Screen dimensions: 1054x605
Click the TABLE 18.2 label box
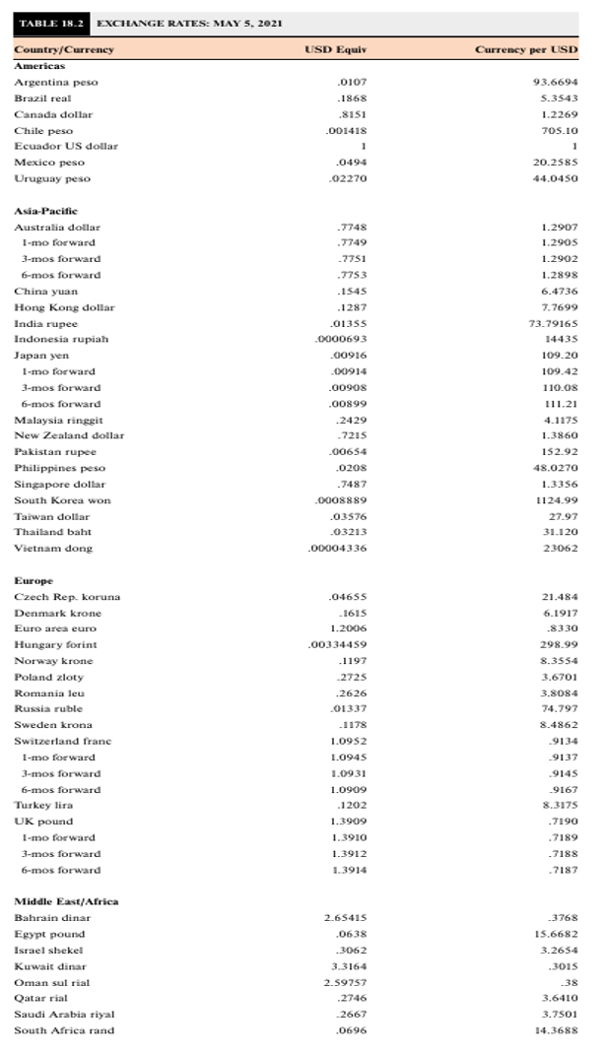[48, 23]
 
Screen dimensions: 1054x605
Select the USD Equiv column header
[331, 48]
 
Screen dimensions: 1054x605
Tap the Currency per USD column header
[526, 48]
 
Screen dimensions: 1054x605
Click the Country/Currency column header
[64, 48]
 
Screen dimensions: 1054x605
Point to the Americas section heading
[38, 64]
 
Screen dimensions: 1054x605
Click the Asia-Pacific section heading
[45, 211]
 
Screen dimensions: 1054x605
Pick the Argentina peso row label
[56, 82]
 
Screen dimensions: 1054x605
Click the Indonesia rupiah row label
[61, 339]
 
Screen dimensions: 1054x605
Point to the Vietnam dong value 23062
[562, 548]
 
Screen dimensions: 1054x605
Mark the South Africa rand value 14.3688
[557, 1030]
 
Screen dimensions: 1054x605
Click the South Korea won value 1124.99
[558, 500]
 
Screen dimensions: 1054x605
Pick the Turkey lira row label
[44, 805]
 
